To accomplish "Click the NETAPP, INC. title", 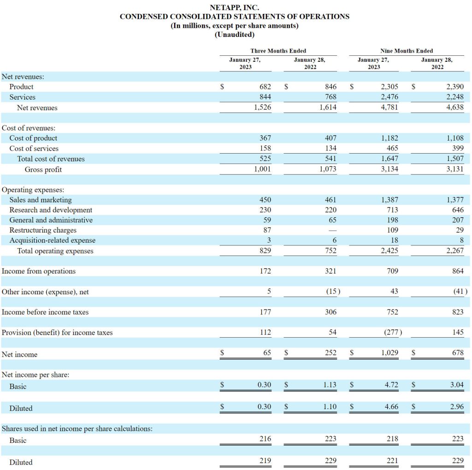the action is [235, 7].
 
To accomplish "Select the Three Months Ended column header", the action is [278, 51].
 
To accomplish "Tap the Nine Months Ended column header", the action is [407, 51].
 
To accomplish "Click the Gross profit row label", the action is [43, 170].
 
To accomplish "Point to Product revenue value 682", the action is [265, 87].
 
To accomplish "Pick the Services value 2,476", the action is [389, 97].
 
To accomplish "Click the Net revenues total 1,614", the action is [328, 107].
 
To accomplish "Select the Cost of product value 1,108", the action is [455, 138].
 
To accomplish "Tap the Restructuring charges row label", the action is [43, 230].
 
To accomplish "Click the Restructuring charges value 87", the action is [267, 230].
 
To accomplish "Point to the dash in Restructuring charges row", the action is [333, 231].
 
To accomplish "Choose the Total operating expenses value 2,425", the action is [389, 250].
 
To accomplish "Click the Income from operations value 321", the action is [330, 271].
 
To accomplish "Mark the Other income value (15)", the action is [333, 292].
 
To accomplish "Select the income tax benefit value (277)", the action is [393, 332].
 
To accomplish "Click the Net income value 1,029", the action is [389, 353].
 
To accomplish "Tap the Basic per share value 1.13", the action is [330, 385].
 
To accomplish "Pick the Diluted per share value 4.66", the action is [391, 407].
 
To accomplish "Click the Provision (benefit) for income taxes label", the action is [57, 333].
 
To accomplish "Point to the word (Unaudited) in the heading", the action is [235, 35].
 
